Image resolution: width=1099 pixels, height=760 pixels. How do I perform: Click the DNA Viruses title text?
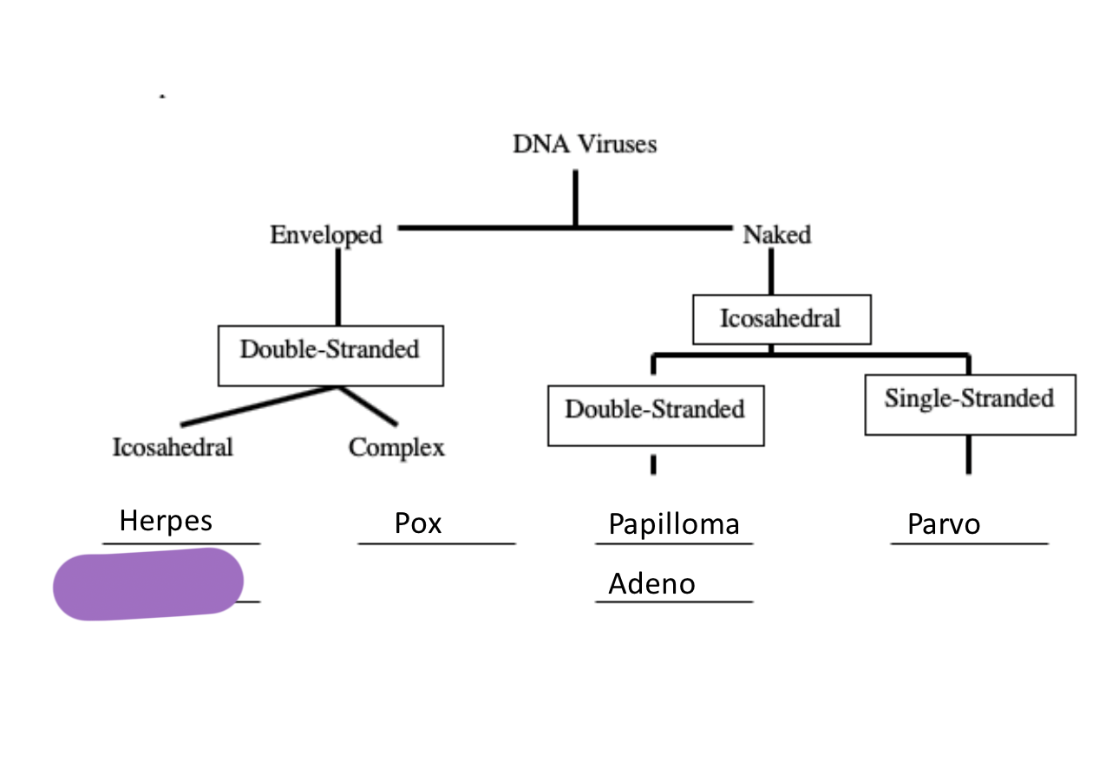584,144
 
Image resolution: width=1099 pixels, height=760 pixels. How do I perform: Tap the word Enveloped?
325,235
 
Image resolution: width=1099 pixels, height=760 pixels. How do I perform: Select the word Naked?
776,235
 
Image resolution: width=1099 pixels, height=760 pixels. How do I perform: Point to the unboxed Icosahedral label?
173,448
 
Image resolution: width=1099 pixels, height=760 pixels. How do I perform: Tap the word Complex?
396,448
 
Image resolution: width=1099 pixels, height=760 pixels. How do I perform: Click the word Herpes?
166,521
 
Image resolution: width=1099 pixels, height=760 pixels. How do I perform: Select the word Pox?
418,523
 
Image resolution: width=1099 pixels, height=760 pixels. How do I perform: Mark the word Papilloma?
674,524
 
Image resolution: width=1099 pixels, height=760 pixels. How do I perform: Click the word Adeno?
651,584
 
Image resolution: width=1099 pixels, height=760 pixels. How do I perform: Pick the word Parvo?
944,524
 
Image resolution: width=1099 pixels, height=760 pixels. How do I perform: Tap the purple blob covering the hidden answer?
147,584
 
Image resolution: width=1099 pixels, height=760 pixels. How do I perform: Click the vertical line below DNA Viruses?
574,198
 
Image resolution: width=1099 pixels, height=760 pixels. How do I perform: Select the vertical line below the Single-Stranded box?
968,454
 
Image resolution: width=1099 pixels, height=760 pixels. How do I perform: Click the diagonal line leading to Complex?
369,406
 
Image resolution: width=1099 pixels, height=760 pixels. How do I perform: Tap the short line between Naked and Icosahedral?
769,276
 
